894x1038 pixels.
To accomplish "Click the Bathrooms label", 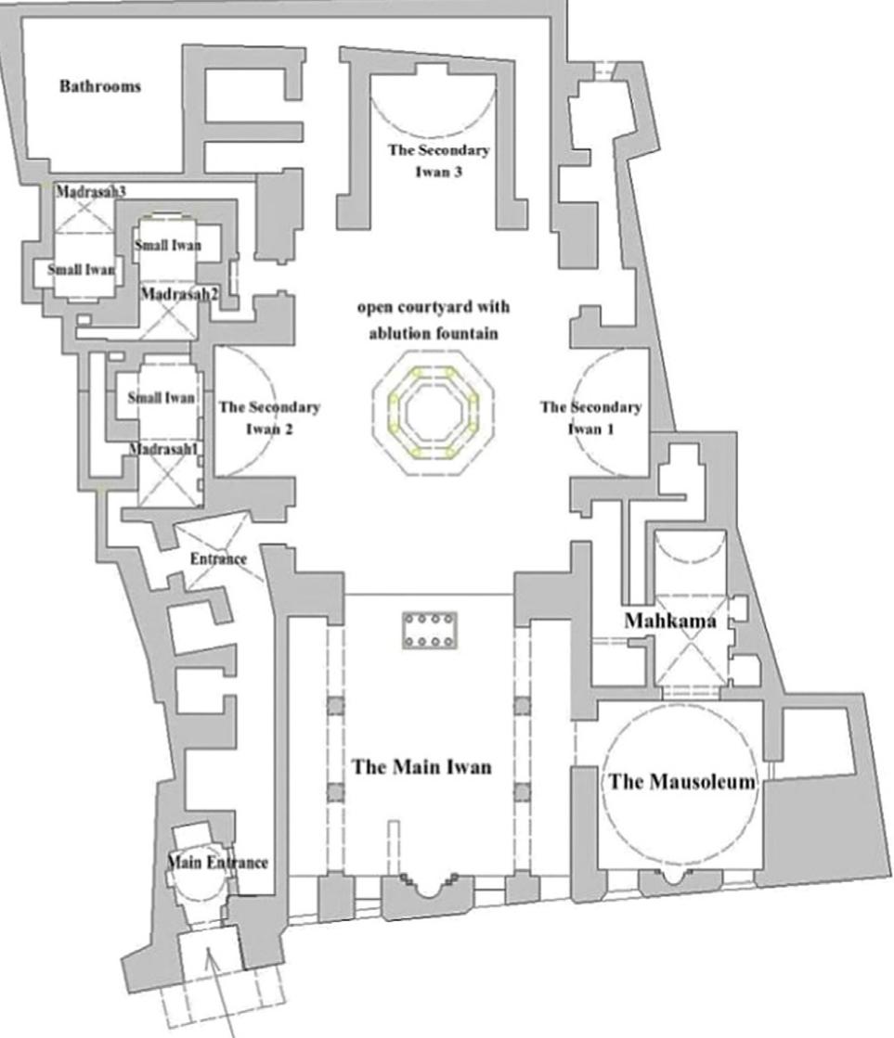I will [x=100, y=86].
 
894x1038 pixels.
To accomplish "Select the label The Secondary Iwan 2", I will [x=269, y=417].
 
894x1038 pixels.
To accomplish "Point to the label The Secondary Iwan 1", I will [x=590, y=417].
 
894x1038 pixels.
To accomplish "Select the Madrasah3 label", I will [x=90, y=191].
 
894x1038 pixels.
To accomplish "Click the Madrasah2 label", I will [x=172, y=293].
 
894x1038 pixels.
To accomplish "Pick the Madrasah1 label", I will [x=164, y=449].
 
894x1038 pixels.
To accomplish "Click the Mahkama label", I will [x=670, y=622].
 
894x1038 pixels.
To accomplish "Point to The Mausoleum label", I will [x=681, y=782].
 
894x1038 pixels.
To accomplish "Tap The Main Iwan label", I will [x=421, y=767].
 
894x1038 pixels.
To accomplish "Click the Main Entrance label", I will [x=217, y=863].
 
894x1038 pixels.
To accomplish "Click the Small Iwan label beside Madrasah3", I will [x=81, y=270].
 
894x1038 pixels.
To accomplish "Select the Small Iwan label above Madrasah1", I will [x=162, y=398].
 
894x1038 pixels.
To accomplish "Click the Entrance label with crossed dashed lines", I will [x=217, y=559].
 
